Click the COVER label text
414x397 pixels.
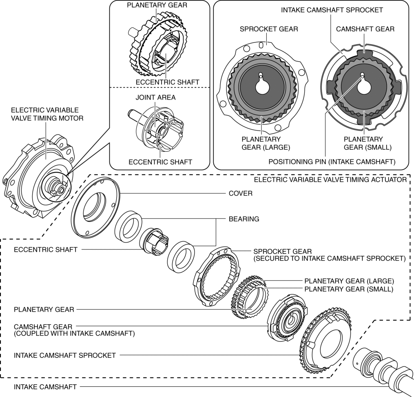240,193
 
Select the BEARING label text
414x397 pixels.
244,219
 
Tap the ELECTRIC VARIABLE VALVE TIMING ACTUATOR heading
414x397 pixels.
330,179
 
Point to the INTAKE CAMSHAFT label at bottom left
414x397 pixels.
40,386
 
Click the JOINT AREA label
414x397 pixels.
155,98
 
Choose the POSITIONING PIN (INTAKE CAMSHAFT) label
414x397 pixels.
332,162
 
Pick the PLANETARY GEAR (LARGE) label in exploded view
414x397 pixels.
349,281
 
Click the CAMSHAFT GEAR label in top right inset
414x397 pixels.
365,29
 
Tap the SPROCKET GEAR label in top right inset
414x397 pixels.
269,29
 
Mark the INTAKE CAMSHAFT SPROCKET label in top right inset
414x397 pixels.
332,10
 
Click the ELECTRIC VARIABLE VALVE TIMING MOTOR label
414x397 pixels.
44,114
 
